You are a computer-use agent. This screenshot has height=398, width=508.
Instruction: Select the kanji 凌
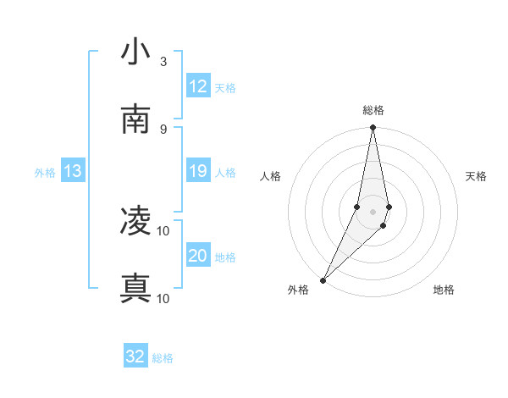(x=135, y=222)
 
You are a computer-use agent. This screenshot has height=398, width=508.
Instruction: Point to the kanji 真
(x=135, y=289)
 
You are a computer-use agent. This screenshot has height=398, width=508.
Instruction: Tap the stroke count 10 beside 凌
(x=163, y=230)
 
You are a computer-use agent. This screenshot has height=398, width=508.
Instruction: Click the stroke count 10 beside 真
(x=163, y=298)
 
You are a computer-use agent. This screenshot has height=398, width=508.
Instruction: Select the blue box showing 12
(x=198, y=86)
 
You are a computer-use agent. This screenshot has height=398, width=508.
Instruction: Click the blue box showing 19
(x=198, y=171)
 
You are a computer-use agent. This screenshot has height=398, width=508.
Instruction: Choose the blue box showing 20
(x=198, y=256)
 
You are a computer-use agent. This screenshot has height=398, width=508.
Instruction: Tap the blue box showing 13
(x=73, y=172)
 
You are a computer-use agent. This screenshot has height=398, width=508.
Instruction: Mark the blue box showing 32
(x=135, y=357)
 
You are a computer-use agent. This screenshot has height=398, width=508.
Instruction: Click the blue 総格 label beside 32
(x=163, y=358)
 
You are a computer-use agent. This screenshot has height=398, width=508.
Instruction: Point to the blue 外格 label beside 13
(x=45, y=173)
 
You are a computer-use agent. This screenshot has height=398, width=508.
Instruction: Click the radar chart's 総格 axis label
(x=373, y=110)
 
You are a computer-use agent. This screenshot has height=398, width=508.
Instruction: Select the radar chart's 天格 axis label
(x=477, y=176)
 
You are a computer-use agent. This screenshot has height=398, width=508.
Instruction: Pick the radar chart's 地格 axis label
(x=444, y=290)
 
